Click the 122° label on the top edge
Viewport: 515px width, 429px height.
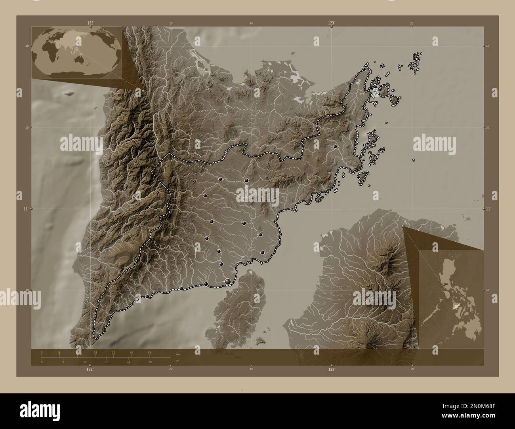(x=91, y=23)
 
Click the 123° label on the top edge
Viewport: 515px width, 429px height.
(x=331, y=23)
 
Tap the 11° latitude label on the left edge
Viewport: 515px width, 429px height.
(x=26, y=208)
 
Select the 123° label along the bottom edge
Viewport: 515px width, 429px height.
(x=331, y=369)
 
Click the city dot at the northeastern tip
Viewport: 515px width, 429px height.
(x=364, y=69)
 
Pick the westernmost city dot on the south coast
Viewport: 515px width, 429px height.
(x=147, y=296)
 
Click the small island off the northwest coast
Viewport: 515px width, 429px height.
(x=70, y=94)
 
